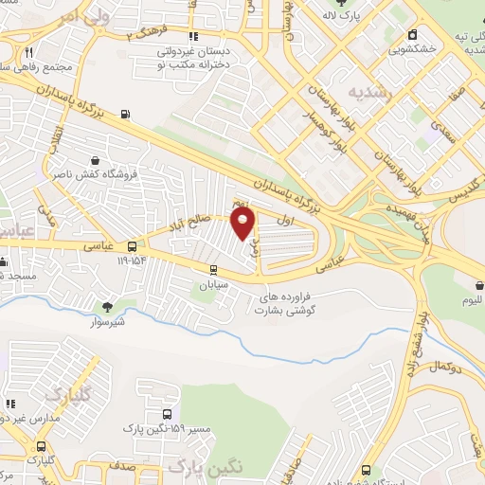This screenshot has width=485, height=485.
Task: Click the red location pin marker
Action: [x=244, y=224]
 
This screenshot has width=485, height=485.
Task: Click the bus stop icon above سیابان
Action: [x=208, y=268]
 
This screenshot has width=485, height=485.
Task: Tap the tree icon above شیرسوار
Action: [x=106, y=305]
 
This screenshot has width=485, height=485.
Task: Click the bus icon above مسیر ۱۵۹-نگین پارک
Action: [x=169, y=415]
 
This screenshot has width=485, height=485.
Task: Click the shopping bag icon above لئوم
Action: [x=476, y=285]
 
